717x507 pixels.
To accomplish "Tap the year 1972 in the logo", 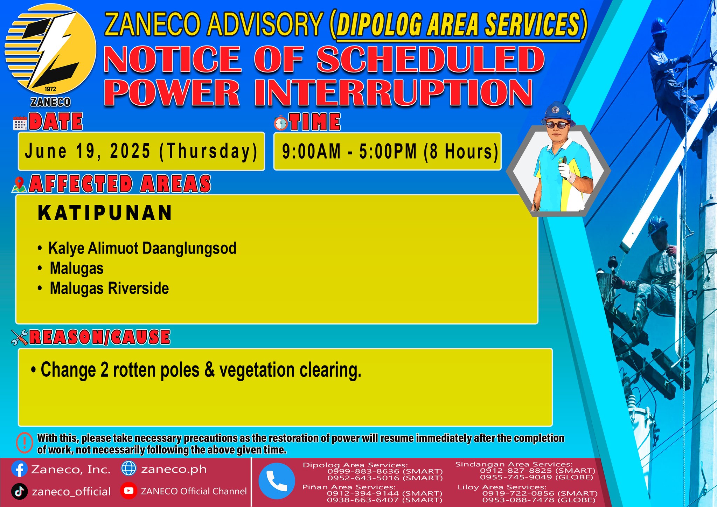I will (x=50, y=89).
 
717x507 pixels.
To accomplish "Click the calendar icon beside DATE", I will (x=20, y=123).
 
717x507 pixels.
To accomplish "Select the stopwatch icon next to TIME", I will (x=281, y=123).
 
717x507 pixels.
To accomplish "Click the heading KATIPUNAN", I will (x=105, y=213).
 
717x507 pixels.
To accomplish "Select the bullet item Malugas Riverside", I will (x=109, y=289).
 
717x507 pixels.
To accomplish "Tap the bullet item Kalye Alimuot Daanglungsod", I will (x=142, y=248).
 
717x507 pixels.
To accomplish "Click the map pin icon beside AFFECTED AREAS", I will (x=19, y=185).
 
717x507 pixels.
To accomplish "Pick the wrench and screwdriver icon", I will (x=20, y=338).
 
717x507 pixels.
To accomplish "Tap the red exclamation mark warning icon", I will (x=25, y=443).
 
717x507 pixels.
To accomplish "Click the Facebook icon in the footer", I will (x=19, y=469).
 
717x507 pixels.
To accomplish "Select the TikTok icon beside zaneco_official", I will (x=19, y=491).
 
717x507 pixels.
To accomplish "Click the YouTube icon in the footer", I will (x=128, y=491).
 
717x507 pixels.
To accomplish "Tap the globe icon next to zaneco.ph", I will (x=128, y=469).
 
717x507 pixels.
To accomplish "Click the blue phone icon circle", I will (x=277, y=481).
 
